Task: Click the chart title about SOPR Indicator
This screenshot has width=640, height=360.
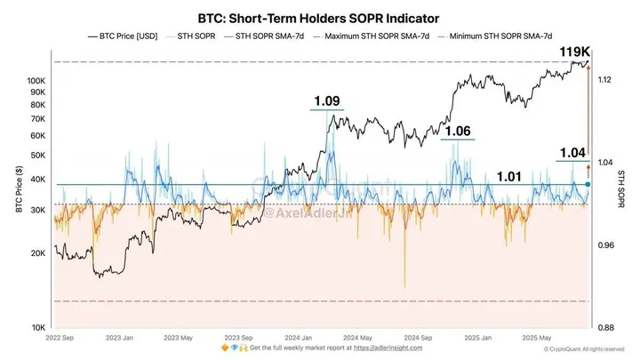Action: [x=320, y=16]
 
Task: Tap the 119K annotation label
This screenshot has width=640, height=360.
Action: [x=575, y=51]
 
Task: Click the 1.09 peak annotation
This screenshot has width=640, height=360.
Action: [x=327, y=101]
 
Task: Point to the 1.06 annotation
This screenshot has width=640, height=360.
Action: [x=457, y=131]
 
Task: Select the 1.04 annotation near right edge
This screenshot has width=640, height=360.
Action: [x=572, y=153]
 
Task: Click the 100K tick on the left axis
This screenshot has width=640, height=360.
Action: [x=36, y=81]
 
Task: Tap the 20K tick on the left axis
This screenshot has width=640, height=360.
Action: [x=38, y=253]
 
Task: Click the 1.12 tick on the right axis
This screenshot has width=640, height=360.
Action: [x=604, y=81]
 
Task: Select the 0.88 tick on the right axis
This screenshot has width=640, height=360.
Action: [x=604, y=327]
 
